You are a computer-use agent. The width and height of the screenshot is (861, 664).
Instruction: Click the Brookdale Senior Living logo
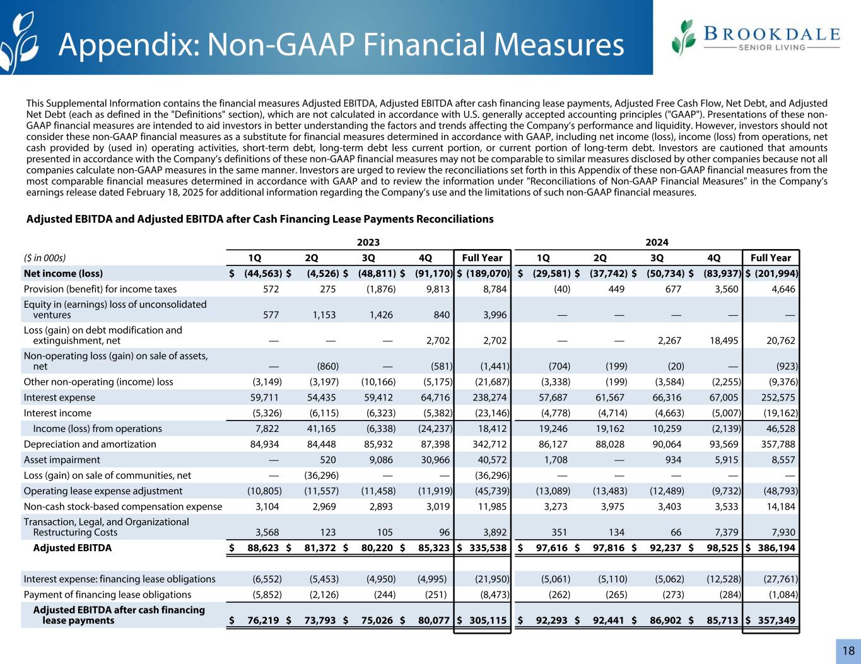pyautogui.click(x=756, y=38)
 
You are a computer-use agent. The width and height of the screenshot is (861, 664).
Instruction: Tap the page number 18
pyautogui.click(x=848, y=651)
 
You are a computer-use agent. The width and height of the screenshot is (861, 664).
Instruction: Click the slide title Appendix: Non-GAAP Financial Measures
pyautogui.click(x=341, y=44)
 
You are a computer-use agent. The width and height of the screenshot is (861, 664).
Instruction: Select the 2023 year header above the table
pyautogui.click(x=368, y=242)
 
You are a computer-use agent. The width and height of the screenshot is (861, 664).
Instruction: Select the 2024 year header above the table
pyautogui.click(x=657, y=242)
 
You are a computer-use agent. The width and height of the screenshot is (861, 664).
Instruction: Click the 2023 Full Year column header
pyautogui.click(x=483, y=258)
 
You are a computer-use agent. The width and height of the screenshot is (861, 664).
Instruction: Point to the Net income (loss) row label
pyautogui.click(x=63, y=274)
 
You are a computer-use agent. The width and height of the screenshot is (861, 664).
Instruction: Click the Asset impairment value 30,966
pyautogui.click(x=434, y=460)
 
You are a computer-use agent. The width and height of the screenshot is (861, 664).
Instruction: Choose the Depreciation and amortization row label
pyautogui.click(x=90, y=444)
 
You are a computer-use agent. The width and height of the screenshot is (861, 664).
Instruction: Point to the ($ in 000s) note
pyautogui.click(x=45, y=258)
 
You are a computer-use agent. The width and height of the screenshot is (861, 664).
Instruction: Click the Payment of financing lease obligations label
pyautogui.click(x=107, y=594)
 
